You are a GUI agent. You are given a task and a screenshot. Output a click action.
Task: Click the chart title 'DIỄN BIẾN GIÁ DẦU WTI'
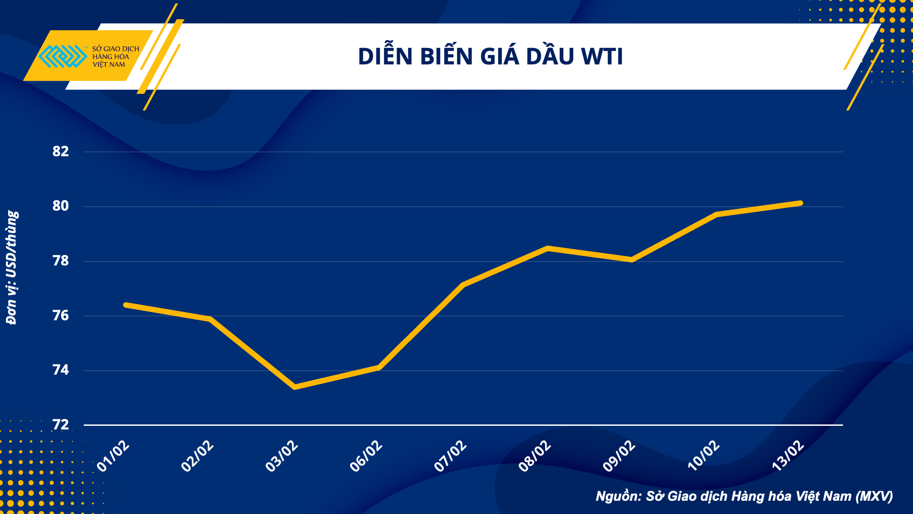[490, 57]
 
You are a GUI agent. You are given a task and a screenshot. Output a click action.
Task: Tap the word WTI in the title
[602, 57]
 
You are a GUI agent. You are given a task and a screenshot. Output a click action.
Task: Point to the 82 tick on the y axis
[61, 152]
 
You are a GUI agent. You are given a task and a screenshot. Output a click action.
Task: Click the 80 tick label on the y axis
[61, 206]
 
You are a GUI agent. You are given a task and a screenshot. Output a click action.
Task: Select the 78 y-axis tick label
[61, 261]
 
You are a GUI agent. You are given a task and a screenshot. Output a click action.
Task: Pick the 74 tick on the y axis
[61, 370]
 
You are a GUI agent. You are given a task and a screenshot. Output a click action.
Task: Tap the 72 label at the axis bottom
[61, 425]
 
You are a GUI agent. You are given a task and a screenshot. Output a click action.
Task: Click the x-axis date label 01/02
[113, 456]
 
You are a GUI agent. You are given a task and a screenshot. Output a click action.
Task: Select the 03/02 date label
[282, 456]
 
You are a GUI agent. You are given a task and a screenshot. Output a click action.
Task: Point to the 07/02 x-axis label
[450, 456]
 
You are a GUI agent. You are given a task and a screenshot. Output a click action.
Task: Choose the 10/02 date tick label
[703, 456]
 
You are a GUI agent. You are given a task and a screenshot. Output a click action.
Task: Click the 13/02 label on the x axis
[787, 456]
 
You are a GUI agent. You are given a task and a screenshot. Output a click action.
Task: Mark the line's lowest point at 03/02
[295, 387]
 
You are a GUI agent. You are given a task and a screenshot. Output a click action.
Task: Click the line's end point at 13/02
[800, 203]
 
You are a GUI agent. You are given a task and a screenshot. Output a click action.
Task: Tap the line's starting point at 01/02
[126, 305]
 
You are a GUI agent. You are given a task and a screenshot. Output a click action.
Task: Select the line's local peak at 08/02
[548, 248]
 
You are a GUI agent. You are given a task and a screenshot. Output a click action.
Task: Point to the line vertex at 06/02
[379, 367]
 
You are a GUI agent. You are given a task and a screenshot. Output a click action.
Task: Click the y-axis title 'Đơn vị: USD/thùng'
[12, 268]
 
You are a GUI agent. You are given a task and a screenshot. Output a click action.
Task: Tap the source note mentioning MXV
[744, 496]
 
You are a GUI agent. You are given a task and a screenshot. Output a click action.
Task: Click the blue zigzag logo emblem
[63, 57]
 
